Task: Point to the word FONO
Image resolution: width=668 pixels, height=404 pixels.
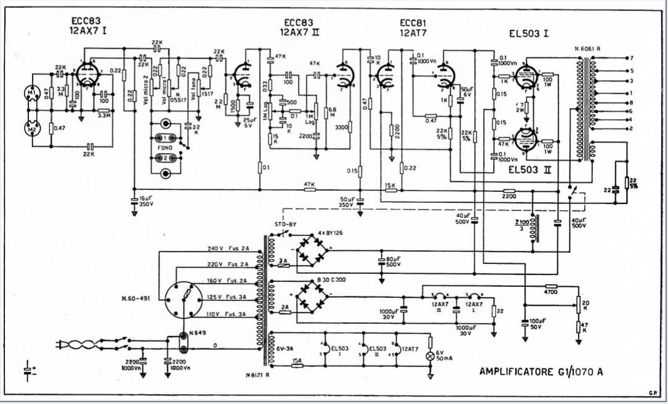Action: click(166, 148)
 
